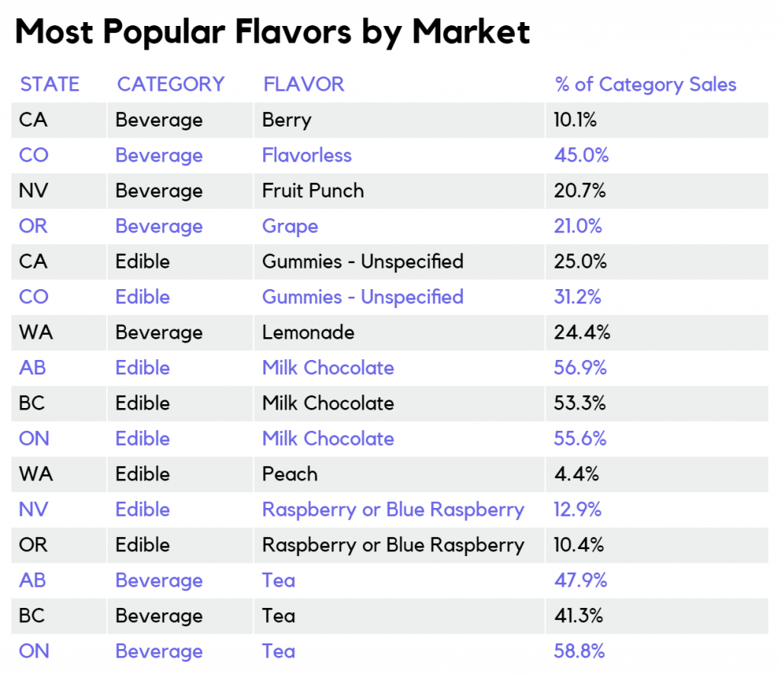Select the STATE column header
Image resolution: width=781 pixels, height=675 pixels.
50,84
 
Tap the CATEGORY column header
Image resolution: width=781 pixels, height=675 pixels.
171,84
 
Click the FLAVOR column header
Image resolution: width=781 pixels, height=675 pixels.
304,84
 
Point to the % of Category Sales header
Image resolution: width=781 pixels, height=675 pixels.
646,84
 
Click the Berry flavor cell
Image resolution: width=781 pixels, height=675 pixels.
287,120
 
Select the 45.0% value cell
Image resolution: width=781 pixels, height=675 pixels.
581,156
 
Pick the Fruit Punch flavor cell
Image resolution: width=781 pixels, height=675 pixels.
313,191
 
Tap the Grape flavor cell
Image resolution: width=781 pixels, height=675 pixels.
290,227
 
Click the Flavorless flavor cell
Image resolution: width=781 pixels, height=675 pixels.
307,156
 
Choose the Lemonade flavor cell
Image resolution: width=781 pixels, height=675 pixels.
308,333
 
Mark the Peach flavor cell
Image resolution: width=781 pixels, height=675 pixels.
290,474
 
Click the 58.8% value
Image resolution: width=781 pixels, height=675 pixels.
580,651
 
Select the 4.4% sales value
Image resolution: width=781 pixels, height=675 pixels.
576,474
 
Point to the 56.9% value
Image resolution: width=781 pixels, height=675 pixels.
580,368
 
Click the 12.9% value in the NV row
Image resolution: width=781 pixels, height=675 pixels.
577,509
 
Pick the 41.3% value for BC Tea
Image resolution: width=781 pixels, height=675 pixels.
579,616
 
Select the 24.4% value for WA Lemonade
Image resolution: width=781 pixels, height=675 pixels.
581,333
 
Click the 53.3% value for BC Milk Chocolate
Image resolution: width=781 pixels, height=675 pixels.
580,403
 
